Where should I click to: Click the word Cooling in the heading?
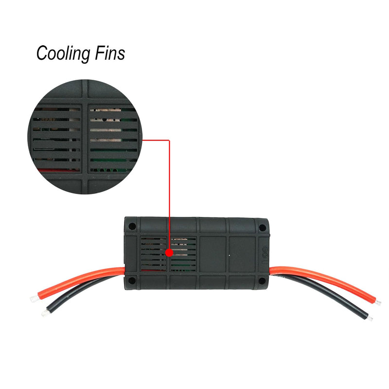(63, 53)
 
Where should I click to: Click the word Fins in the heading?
(110, 53)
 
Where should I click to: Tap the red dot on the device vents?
(169, 253)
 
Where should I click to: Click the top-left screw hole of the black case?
(132, 226)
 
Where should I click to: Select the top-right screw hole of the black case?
(262, 228)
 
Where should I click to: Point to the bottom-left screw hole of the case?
(132, 281)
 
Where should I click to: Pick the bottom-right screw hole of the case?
(262, 281)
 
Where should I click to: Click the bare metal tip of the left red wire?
(34, 298)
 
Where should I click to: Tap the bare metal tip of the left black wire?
(45, 313)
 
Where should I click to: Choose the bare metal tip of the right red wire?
(378, 302)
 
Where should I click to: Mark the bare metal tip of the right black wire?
(370, 318)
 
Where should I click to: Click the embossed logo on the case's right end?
(265, 255)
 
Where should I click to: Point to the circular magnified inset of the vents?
(85, 137)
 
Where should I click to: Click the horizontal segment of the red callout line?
(156, 140)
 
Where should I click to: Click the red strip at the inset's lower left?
(58, 170)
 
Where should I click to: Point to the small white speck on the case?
(229, 255)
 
